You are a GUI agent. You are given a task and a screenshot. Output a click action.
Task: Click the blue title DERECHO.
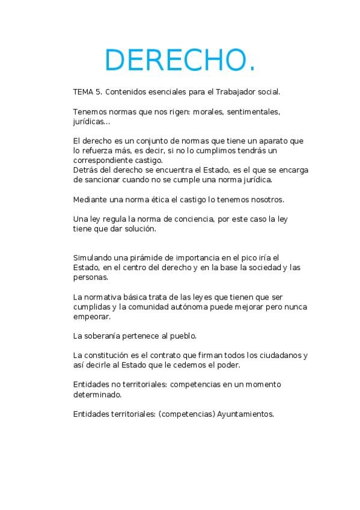(x=180, y=60)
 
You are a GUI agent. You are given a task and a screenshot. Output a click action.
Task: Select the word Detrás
(x=85, y=170)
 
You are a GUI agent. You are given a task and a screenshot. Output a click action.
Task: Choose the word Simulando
(x=92, y=258)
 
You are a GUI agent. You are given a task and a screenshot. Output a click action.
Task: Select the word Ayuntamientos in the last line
(x=245, y=414)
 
